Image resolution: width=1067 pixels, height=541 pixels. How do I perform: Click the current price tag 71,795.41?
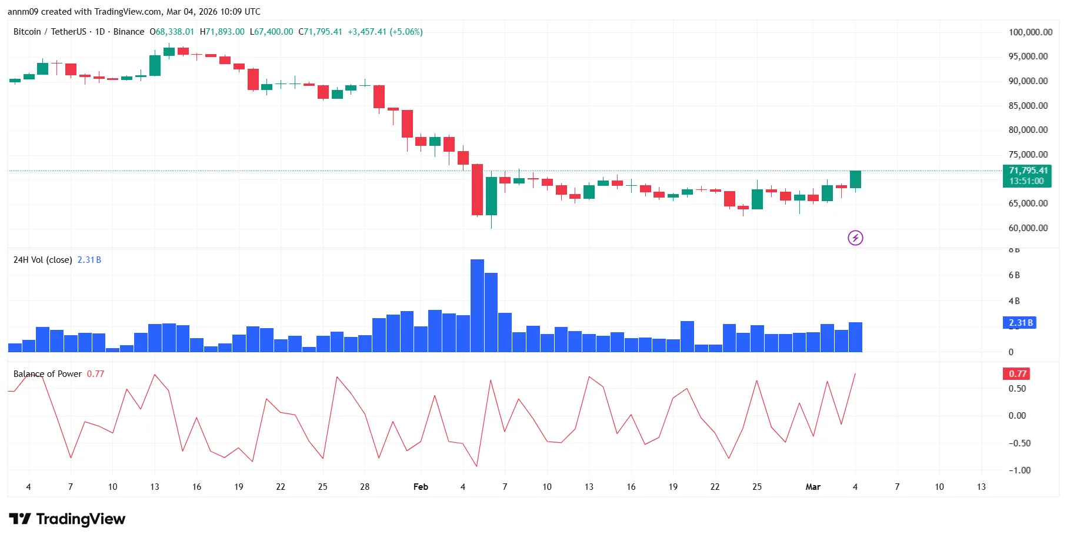(1027, 171)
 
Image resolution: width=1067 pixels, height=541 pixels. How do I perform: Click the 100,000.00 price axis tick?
(1030, 32)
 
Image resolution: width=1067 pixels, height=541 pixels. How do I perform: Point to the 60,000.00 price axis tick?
(1028, 228)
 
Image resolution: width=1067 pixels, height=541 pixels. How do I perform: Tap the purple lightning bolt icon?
(855, 238)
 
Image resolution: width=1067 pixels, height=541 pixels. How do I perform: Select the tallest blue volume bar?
(477, 306)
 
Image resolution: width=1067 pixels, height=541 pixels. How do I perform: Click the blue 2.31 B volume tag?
(1020, 323)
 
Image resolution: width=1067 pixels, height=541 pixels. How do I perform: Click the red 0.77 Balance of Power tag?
(1017, 374)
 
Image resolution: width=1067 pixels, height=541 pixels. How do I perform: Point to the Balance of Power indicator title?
(48, 374)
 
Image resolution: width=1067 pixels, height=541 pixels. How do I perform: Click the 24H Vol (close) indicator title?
(42, 260)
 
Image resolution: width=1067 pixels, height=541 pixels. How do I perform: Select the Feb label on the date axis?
(421, 487)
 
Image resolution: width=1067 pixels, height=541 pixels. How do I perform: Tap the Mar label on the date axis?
(812, 487)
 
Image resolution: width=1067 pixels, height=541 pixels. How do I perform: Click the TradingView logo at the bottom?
(67, 519)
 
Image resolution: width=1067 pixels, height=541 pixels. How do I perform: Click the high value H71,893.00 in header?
(222, 32)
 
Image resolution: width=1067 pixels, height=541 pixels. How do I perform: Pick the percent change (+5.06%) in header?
(406, 32)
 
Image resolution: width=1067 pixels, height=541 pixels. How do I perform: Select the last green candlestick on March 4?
(855, 179)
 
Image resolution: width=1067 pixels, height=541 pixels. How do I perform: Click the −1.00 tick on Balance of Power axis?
(1019, 470)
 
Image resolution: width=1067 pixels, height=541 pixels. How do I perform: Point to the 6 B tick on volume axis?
(1014, 275)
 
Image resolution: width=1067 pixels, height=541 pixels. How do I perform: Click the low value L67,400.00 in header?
(271, 32)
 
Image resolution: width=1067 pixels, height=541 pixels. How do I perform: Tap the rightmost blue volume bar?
(855, 338)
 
